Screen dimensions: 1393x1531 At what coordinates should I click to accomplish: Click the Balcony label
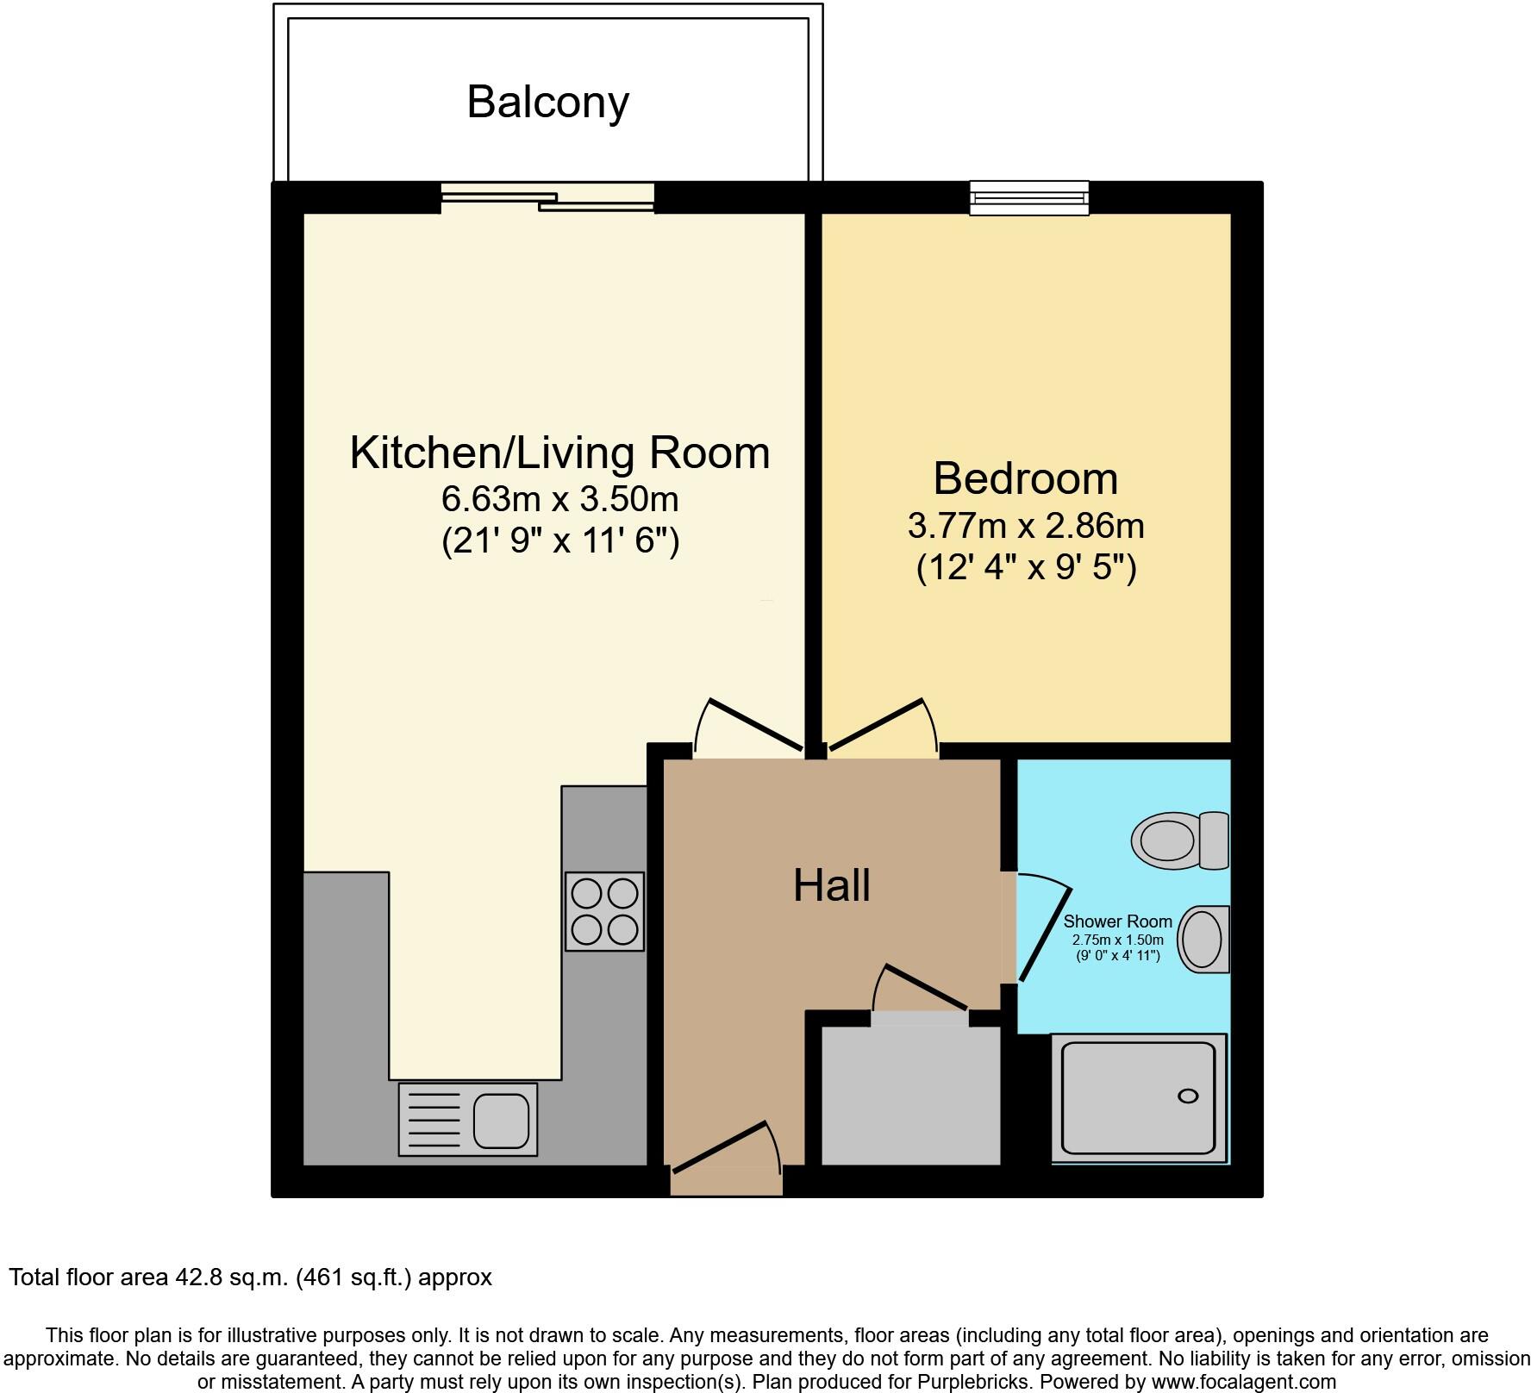547,103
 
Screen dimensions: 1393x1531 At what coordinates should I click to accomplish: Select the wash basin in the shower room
1202,940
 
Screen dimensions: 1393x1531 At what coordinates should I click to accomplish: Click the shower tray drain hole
1187,1096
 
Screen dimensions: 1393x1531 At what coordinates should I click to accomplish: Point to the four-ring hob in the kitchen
604,912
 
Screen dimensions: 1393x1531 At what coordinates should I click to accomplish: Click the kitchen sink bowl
501,1119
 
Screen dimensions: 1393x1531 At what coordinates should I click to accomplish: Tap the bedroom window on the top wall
1028,198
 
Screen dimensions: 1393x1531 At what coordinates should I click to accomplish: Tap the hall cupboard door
921,991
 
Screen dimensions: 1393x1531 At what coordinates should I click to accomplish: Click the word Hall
831,886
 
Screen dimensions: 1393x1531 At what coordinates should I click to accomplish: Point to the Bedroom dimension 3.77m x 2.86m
1025,525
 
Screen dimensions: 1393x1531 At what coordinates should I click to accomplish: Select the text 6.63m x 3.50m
559,498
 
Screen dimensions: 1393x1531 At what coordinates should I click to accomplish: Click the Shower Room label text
1117,921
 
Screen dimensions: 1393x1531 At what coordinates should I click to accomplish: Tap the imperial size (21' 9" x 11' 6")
559,541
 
